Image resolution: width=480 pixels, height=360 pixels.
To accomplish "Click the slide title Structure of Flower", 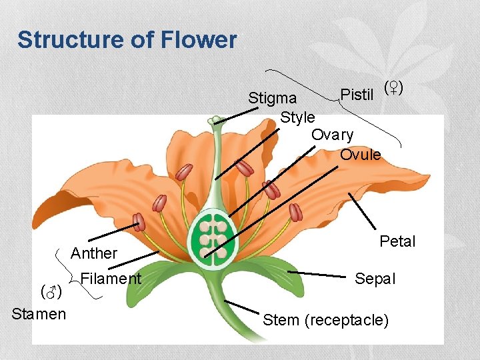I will pyautogui.click(x=127, y=40).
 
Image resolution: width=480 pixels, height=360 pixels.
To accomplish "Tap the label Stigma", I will pyautogui.click(x=272, y=99).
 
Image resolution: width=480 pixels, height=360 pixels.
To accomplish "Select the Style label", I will pyautogui.click(x=297, y=117).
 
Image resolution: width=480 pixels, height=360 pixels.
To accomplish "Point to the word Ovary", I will pyautogui.click(x=332, y=135).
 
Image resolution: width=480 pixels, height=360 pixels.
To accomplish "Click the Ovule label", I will pyautogui.click(x=360, y=155).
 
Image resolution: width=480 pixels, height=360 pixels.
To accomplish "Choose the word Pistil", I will pyautogui.click(x=357, y=95).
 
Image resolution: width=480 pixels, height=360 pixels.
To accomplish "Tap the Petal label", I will pyautogui.click(x=397, y=241).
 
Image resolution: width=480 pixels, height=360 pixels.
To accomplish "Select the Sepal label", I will pyautogui.click(x=375, y=279).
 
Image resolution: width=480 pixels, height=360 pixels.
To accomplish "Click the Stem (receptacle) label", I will pyautogui.click(x=325, y=320).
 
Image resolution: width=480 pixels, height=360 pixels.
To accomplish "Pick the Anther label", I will pyautogui.click(x=93, y=253).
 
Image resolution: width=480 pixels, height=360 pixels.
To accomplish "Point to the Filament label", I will pyautogui.click(x=110, y=279).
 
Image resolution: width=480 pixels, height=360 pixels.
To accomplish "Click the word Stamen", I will pyautogui.click(x=39, y=314).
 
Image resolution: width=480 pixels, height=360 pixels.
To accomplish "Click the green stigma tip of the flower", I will pyautogui.click(x=215, y=121).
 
